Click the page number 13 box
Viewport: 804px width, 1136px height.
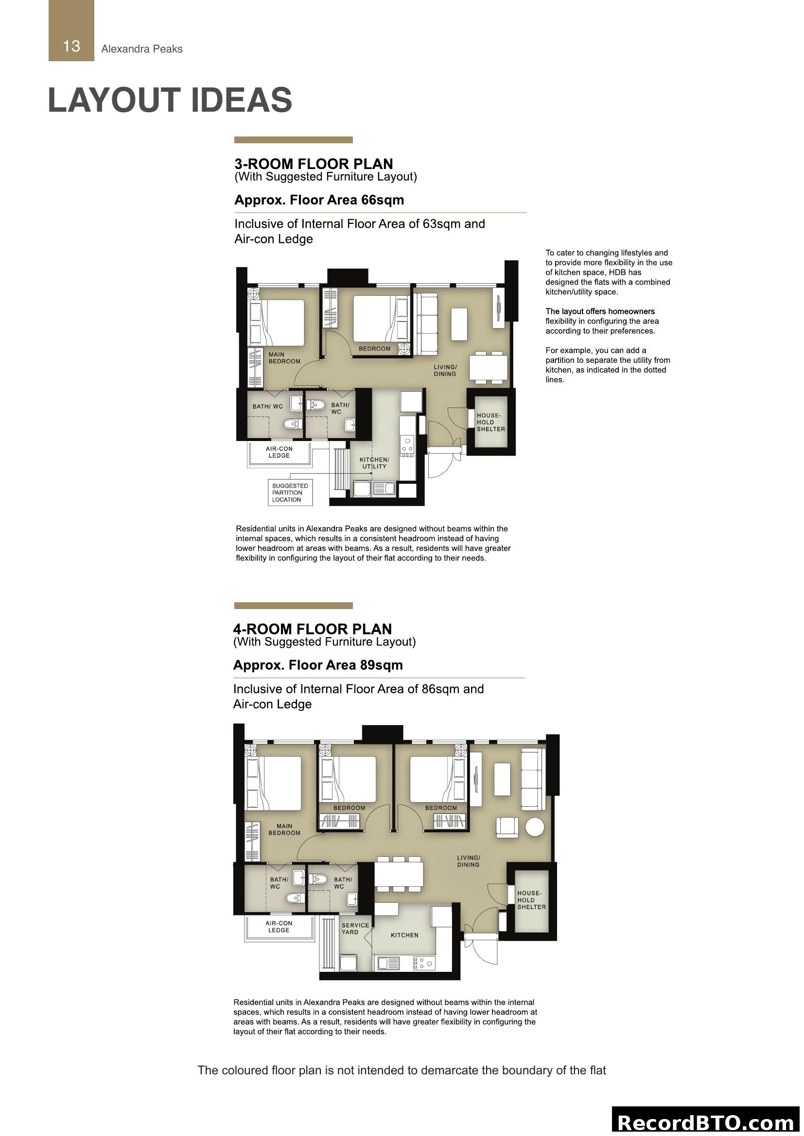[x=71, y=31]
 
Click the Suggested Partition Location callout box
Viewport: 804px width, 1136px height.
[x=290, y=492]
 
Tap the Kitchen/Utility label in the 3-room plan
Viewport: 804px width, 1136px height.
[x=374, y=463]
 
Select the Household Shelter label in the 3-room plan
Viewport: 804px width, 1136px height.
[x=490, y=422]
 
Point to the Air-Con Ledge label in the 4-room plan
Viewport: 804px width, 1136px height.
[x=279, y=926]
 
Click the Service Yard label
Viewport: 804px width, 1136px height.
[x=355, y=928]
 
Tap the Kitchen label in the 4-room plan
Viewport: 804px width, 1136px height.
[x=404, y=934]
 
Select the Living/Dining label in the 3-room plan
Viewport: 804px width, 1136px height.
[x=445, y=370]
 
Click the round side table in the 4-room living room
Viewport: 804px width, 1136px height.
[x=535, y=827]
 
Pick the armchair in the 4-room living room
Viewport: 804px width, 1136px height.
[x=507, y=827]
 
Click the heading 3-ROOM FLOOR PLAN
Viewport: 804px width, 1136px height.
[x=314, y=164]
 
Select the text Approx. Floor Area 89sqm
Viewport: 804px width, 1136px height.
[x=317, y=665]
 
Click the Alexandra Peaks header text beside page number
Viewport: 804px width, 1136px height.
[x=141, y=49]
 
